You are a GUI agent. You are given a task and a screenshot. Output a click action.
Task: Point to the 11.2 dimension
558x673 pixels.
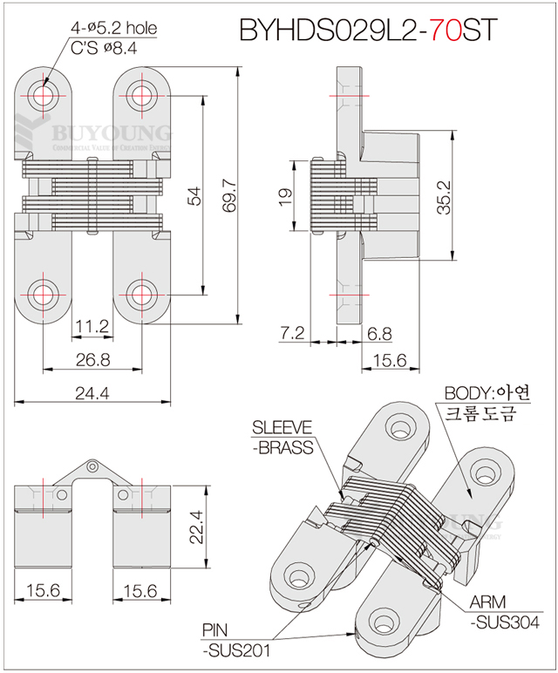(92, 327)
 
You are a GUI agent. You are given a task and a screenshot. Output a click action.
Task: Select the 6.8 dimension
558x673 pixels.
(379, 333)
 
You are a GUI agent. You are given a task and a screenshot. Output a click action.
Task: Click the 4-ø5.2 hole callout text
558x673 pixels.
(114, 29)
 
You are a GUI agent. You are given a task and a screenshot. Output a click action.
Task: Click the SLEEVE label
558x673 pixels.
(282, 427)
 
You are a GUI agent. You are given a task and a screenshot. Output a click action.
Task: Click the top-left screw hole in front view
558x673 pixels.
(42, 95)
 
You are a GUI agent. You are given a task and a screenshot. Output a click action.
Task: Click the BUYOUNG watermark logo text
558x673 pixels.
(112, 133)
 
